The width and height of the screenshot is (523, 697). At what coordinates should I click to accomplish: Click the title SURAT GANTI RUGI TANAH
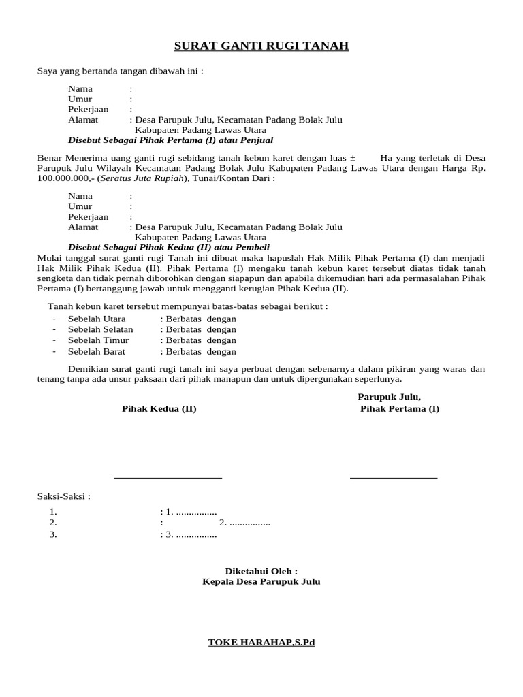(x=261, y=46)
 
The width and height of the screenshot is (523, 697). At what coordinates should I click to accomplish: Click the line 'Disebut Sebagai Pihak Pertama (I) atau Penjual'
(x=170, y=140)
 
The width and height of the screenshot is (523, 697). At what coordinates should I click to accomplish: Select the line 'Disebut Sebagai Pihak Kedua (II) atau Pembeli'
(x=169, y=247)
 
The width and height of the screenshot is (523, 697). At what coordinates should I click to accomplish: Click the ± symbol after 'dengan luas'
(x=352, y=158)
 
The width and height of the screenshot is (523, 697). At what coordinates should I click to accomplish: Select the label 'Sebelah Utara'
(x=97, y=319)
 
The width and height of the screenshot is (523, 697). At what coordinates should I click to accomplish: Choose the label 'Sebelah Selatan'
(x=100, y=329)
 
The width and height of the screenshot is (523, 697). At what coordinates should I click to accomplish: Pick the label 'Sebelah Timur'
(x=98, y=340)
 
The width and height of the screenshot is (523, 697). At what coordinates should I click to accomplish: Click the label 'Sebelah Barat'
(x=97, y=352)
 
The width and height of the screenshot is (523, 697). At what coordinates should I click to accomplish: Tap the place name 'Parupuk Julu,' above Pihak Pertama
(x=390, y=397)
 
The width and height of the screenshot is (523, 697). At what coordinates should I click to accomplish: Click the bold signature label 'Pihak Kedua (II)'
(x=159, y=409)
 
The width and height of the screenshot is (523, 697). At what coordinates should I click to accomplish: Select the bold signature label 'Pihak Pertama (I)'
(x=400, y=409)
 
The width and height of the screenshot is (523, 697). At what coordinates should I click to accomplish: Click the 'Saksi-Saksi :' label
(x=63, y=496)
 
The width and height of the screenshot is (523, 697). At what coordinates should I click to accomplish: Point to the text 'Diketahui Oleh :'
(x=261, y=571)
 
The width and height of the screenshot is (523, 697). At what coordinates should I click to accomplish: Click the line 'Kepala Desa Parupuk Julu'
(x=261, y=582)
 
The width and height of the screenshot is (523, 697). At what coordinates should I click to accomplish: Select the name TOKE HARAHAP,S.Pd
(x=261, y=642)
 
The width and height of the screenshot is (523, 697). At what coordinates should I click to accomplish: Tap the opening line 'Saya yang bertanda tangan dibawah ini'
(x=120, y=71)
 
